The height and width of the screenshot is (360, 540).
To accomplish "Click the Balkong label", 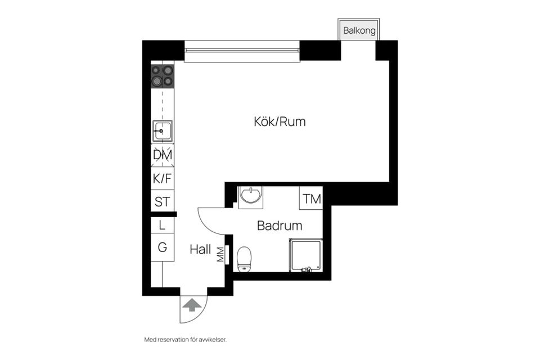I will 359,31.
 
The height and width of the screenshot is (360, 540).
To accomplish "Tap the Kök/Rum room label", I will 280,121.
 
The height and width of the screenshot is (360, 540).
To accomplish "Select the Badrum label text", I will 280,226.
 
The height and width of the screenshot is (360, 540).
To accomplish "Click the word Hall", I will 200,249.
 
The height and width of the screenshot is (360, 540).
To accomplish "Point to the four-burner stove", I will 163,76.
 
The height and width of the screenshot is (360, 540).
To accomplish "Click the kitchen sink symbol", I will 162,130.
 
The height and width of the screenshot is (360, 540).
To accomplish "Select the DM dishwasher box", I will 162,155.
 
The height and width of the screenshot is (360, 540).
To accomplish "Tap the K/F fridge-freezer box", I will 162,178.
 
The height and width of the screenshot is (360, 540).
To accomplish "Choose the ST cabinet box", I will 162,201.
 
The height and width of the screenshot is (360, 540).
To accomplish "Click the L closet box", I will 162,225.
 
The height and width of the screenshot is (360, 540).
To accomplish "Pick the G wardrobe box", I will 162,247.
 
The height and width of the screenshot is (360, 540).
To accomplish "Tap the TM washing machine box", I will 311,198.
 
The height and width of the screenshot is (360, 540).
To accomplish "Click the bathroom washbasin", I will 249,196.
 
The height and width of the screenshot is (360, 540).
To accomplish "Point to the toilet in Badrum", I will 244,259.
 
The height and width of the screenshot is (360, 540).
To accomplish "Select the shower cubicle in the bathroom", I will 305,255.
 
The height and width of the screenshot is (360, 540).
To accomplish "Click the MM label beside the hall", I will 220,254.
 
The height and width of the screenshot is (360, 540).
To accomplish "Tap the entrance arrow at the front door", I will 192,305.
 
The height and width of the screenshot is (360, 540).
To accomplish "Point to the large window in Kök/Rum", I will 242,51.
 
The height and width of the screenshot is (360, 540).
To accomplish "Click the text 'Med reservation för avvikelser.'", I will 188,339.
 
